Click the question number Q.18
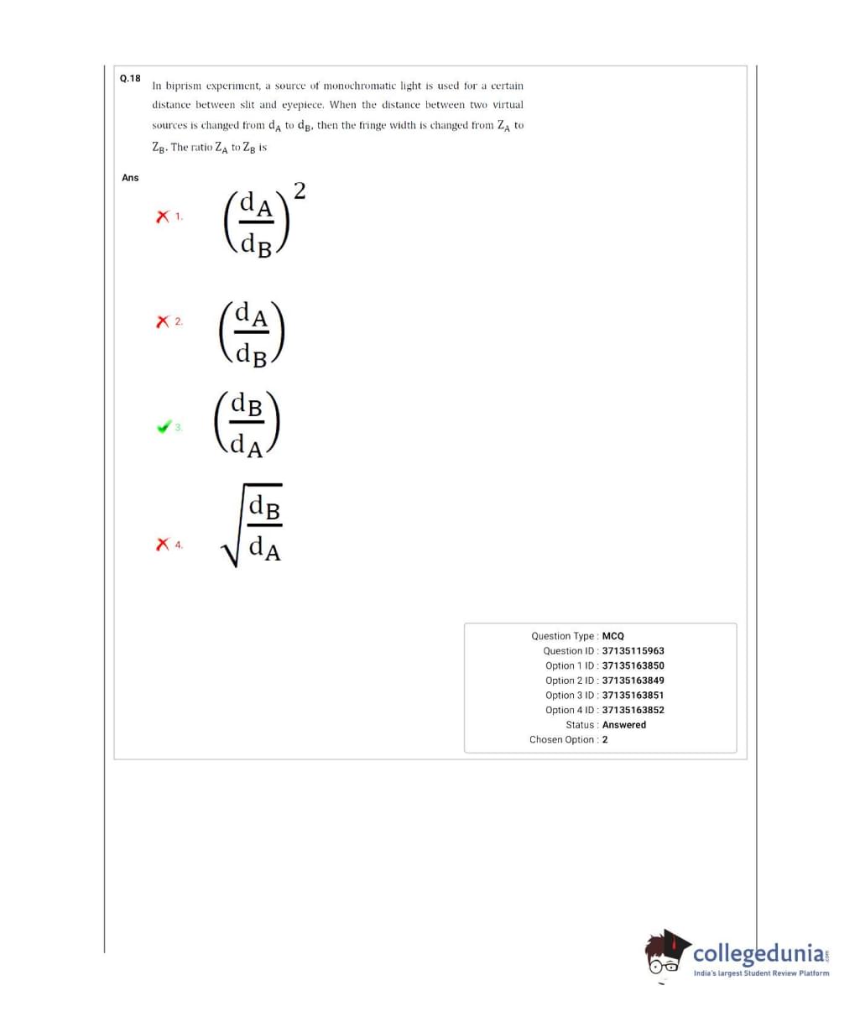coord(130,78)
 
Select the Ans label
coord(130,177)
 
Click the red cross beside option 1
coord(162,216)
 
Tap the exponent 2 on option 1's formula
coord(300,191)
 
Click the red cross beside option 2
coord(162,321)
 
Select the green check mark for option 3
coord(164,427)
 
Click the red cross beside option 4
coord(162,545)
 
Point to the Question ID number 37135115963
coord(633,651)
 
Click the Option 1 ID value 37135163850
coord(633,665)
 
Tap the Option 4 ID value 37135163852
coord(633,710)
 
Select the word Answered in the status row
coord(624,725)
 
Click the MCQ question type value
coord(613,636)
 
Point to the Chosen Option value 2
coord(605,739)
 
